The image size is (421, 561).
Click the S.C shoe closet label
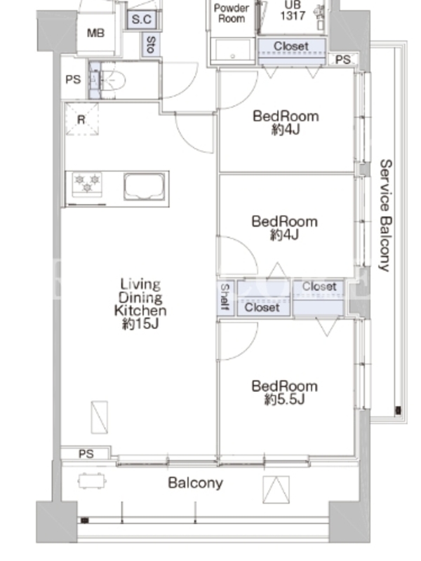[142, 20]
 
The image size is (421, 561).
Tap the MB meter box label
[95, 33]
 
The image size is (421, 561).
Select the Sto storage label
[151, 44]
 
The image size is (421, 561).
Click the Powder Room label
[232, 13]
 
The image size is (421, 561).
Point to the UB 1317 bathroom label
[293, 11]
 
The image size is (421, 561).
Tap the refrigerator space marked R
[82, 119]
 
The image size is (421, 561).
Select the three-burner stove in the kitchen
[87, 183]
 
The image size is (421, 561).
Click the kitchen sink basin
[145, 187]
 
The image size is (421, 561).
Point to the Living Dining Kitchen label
[140, 297]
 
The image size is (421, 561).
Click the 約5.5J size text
[285, 399]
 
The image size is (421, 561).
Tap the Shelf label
[225, 297]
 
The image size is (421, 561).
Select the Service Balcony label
[385, 215]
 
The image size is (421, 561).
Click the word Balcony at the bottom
[196, 483]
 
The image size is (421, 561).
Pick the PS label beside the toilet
[73, 79]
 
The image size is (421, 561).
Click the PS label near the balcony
[86, 454]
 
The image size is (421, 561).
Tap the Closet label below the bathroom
[291, 46]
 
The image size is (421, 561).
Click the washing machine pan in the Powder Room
[232, 50]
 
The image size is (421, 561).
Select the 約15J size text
[140, 324]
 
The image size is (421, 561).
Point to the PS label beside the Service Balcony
[342, 60]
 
